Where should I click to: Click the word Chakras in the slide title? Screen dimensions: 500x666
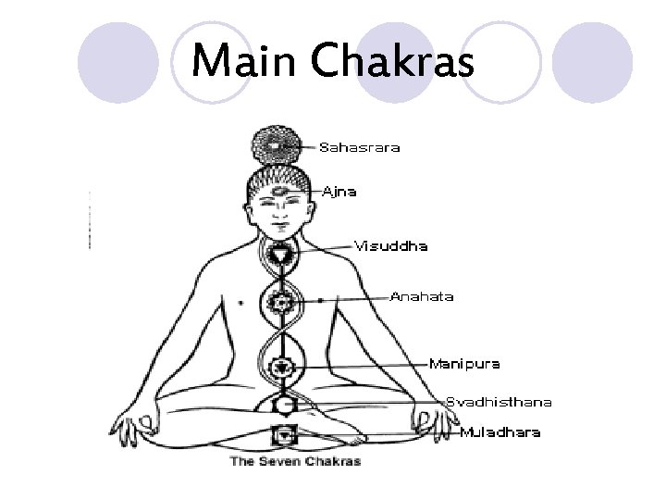tap(395, 64)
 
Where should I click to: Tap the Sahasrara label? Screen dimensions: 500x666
tap(360, 147)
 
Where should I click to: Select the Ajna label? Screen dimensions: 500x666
tap(339, 192)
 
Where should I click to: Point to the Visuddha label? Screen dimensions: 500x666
tap(385, 246)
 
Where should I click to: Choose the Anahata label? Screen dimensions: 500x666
tap(422, 297)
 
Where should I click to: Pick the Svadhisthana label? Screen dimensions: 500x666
tap(499, 402)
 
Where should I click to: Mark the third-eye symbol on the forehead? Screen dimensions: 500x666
tap(278, 189)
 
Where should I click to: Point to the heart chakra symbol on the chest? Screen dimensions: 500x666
tap(279, 301)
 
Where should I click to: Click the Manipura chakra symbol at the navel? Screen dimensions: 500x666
tap(280, 368)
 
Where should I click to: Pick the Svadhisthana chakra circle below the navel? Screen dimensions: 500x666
tap(281, 405)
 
